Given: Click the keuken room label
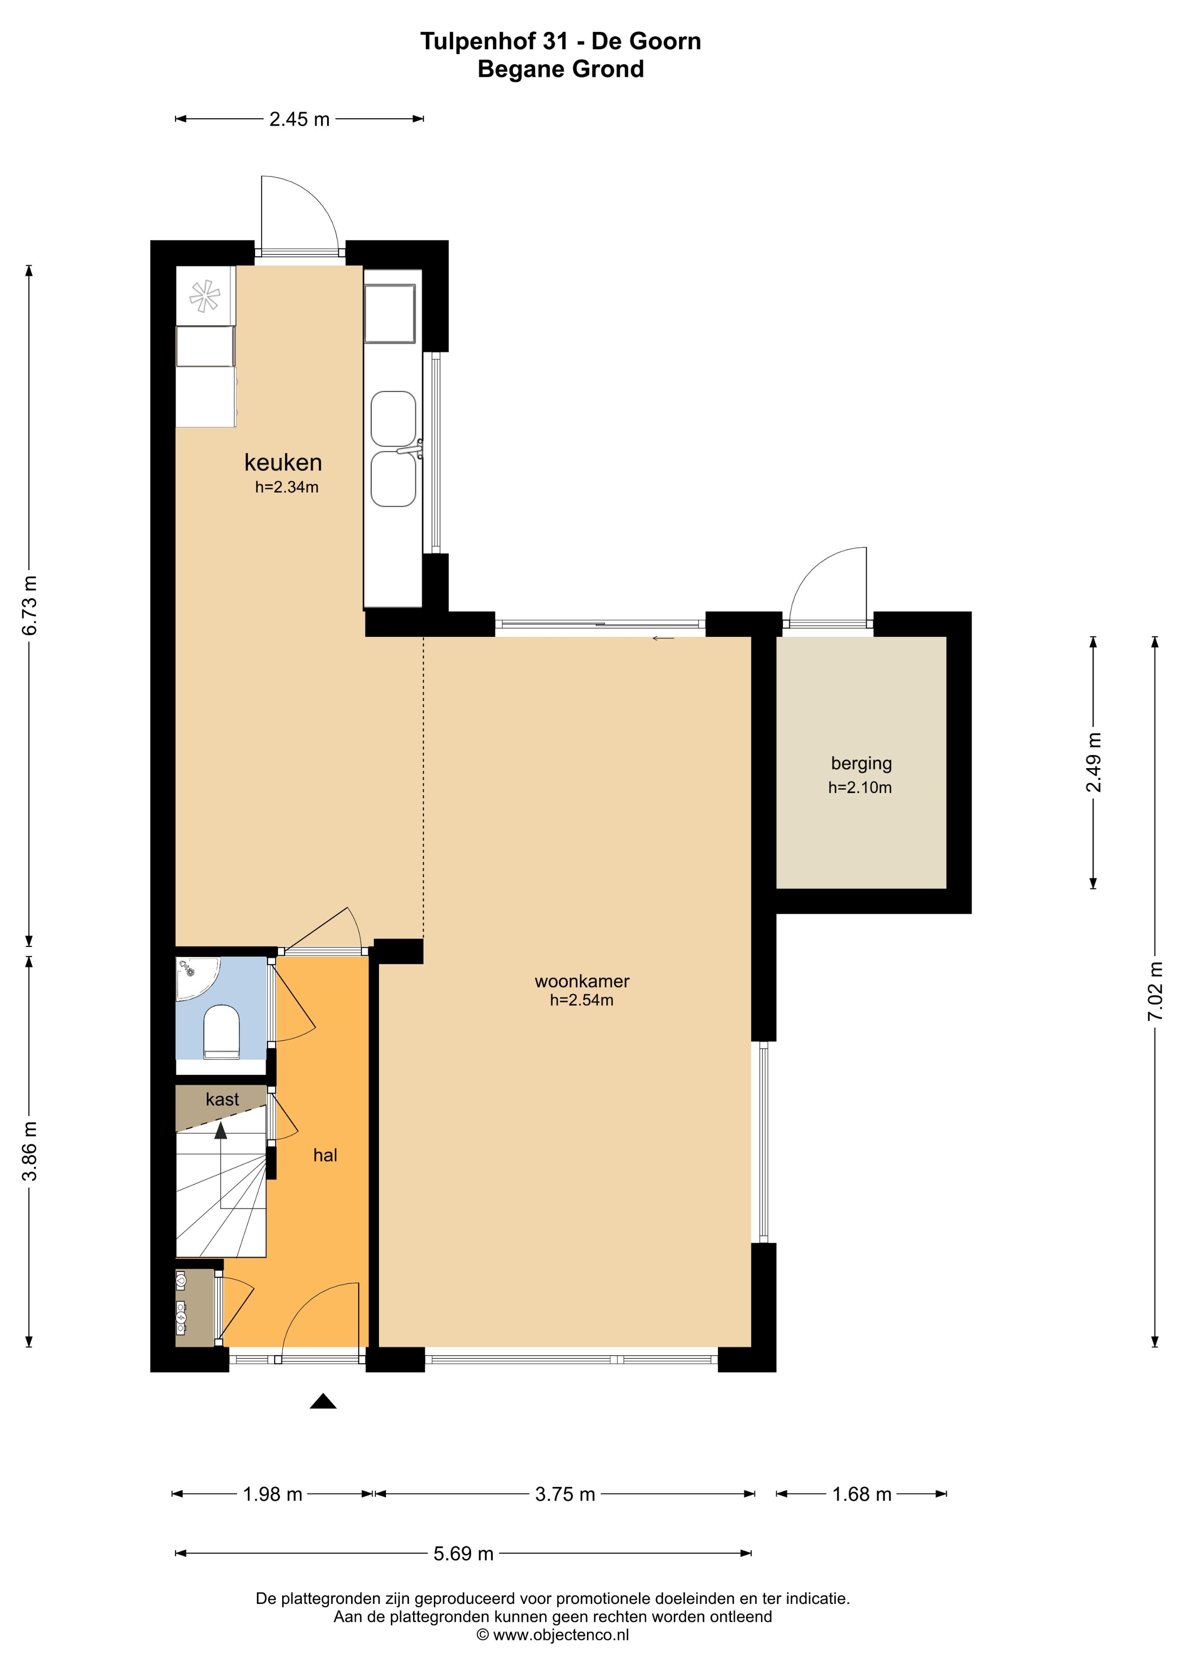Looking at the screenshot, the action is click(283, 462).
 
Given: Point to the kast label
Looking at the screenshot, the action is click(222, 1099).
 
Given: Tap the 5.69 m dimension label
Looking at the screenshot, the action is click(463, 1553).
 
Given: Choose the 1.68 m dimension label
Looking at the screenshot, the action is click(862, 1494).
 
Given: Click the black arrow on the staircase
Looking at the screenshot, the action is click(220, 1131).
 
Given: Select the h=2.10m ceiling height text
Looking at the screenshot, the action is click(860, 787).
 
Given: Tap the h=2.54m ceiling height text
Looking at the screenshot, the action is click(581, 1000).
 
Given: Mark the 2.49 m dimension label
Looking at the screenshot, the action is click(1094, 762).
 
